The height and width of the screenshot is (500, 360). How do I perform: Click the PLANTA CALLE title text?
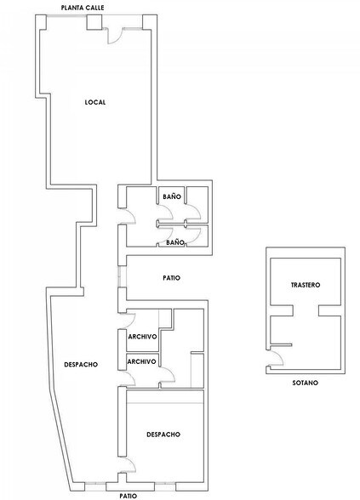pos(83,8)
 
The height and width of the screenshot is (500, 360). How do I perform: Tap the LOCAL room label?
pos(95,102)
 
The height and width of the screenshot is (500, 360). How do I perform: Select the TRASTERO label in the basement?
pos(306,285)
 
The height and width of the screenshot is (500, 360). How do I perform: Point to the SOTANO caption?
pos(306,383)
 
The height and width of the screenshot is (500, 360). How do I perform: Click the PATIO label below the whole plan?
pos(129,496)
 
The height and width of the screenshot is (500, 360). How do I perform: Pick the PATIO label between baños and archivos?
pos(172,278)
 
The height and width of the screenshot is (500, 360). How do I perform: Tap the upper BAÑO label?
pos(172,196)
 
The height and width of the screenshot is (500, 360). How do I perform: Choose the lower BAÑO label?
pos(175,242)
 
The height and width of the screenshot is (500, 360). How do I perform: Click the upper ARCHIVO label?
pos(142,337)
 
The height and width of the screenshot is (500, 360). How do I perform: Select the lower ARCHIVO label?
pos(141,361)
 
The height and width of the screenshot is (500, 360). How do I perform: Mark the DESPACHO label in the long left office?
pos(81,365)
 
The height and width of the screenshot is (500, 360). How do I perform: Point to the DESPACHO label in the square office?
pos(163,435)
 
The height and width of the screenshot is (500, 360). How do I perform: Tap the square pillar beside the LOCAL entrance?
pos(94,22)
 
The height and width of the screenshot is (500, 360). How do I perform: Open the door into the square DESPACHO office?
pos(128,466)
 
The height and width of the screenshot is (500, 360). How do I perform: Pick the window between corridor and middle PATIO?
pos(123,277)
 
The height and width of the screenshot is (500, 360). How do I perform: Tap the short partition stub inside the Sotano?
pos(281,344)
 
